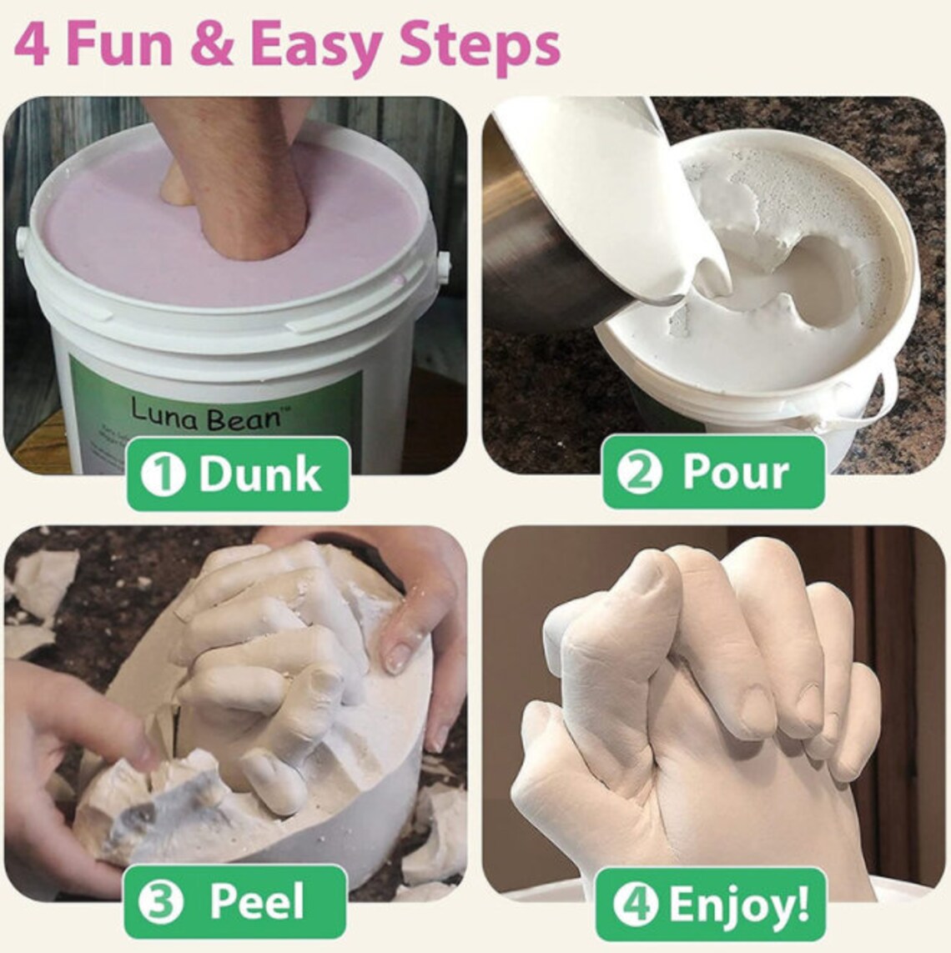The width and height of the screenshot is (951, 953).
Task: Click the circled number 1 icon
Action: click(x=163, y=474)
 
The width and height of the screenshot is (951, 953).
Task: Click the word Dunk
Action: click(x=259, y=474)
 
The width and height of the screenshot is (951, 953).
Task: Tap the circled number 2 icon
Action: click(x=638, y=473)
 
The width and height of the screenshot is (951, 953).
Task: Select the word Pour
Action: click(x=736, y=473)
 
